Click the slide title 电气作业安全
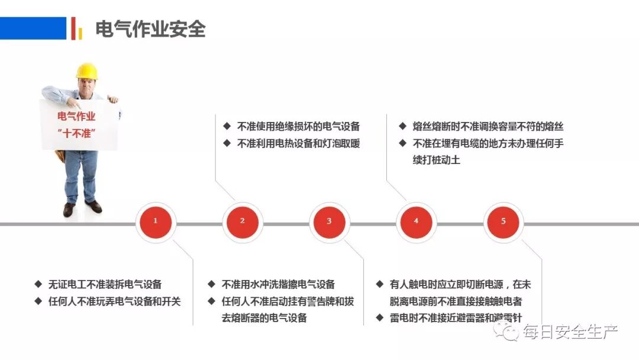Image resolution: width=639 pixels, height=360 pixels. tap(150, 28)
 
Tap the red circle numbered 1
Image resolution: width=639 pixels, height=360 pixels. tap(155, 221)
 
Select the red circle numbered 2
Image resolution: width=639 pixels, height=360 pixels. tap(242, 221)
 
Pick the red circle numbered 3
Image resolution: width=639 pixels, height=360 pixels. tap(329, 221)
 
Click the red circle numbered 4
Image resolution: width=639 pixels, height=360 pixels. tap(416, 221)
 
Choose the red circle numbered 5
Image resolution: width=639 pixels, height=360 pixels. tap(504, 221)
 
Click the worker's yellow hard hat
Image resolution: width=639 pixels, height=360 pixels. tap(86, 71)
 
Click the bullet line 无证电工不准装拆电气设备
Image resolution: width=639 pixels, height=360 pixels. tap(105, 285)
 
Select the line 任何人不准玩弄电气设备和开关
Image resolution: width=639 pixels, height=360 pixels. tap(114, 301)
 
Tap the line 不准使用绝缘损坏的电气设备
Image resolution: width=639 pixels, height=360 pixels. tap(298, 126)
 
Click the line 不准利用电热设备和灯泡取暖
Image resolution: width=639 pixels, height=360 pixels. tap(298, 143)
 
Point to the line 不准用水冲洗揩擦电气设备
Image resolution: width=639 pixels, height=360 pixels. tap(278, 285)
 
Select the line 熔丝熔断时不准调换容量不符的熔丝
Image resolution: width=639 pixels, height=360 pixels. tap(488, 126)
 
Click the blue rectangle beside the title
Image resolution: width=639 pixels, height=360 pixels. tap(33, 28)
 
